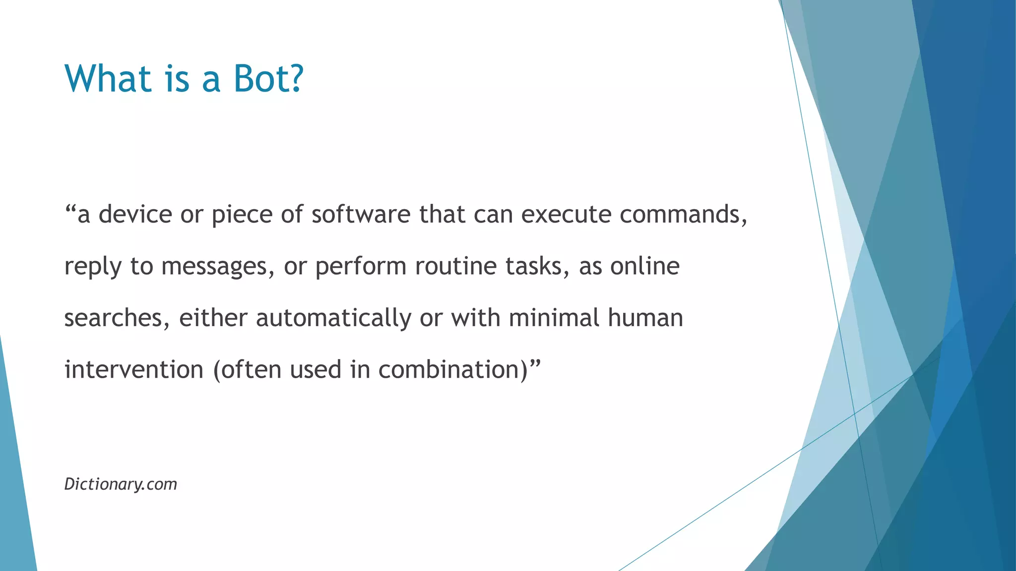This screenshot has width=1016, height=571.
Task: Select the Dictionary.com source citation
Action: point(121,484)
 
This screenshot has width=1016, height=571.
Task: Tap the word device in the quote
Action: point(135,214)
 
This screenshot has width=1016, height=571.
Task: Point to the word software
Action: point(361,214)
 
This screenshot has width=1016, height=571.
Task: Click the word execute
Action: point(566,214)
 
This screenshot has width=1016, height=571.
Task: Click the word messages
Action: point(218,266)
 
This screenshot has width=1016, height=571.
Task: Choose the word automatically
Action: point(333,318)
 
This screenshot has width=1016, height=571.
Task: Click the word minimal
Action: point(554,318)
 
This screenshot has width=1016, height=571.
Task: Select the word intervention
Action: point(134,370)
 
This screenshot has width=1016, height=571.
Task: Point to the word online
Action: point(644,266)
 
